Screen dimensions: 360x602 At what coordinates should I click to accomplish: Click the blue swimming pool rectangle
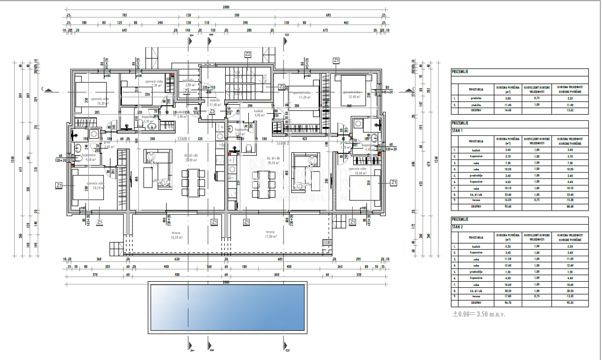[227, 307]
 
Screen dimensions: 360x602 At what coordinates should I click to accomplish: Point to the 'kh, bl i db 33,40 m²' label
[192, 158]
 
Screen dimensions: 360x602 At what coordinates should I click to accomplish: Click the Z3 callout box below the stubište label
[212, 111]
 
